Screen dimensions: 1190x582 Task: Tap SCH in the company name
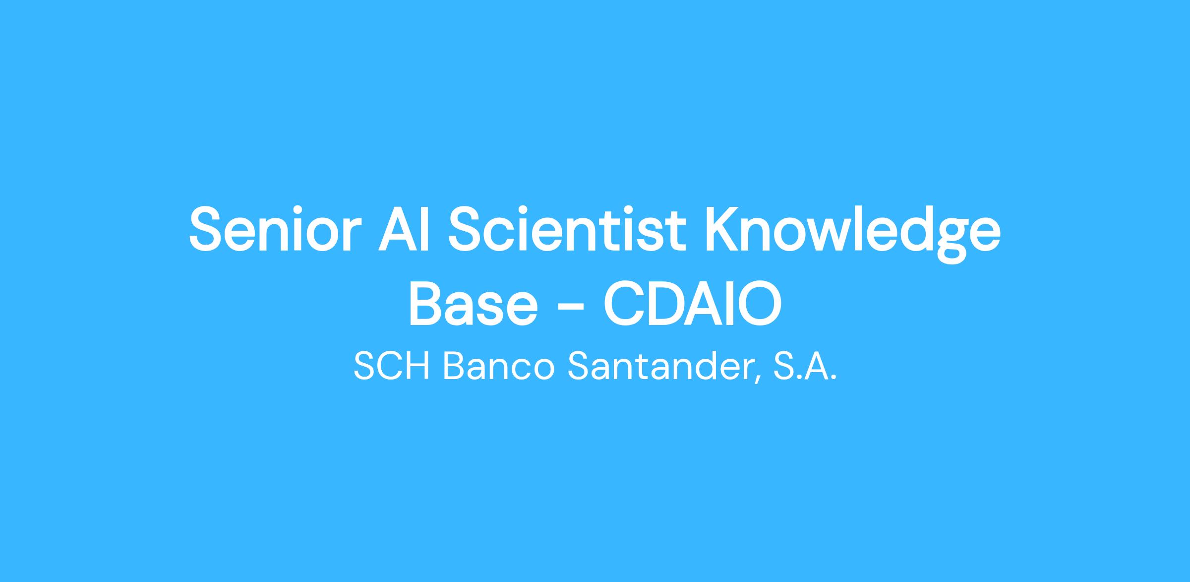click(392, 367)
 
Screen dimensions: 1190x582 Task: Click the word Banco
click(498, 367)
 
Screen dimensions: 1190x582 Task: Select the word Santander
click(659, 367)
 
